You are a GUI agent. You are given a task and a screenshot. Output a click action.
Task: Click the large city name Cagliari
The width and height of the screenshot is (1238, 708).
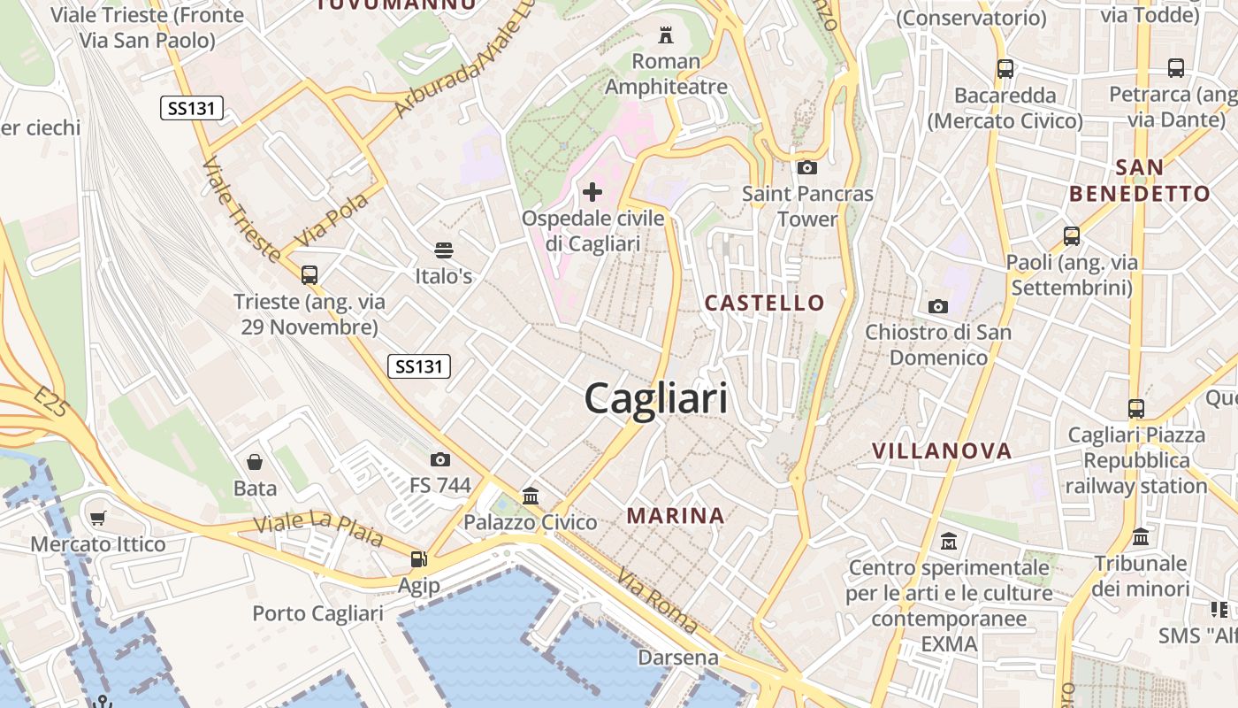click(656, 398)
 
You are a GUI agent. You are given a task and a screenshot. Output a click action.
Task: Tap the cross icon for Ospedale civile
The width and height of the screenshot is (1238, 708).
click(592, 191)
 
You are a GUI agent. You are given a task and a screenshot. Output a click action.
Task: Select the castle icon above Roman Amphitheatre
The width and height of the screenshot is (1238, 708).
click(666, 35)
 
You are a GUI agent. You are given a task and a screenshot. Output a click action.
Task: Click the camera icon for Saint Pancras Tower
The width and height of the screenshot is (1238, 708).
click(806, 167)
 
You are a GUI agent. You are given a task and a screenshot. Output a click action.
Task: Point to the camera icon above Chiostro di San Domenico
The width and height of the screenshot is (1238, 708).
click(938, 306)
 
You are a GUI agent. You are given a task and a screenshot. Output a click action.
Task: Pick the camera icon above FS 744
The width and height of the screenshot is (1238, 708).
click(439, 459)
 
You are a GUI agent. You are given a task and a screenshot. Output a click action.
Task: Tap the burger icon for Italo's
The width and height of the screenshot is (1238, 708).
click(443, 250)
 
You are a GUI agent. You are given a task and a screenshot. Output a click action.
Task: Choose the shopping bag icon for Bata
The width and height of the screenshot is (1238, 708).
click(255, 462)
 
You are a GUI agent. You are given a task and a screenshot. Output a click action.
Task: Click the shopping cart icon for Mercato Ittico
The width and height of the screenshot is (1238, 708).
click(98, 518)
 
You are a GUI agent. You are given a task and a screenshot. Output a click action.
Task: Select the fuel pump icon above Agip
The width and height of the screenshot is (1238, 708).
click(418, 559)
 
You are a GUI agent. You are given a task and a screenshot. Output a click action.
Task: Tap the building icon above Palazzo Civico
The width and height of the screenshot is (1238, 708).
click(531, 496)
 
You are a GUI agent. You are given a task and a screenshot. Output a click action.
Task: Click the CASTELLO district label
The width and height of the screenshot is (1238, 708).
click(764, 303)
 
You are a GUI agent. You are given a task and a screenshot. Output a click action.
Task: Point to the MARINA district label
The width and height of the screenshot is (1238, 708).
click(676, 515)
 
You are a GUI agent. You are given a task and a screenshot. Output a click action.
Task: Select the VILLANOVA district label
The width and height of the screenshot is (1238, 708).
click(942, 450)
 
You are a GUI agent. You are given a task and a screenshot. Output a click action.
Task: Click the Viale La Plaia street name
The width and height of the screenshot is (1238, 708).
click(318, 529)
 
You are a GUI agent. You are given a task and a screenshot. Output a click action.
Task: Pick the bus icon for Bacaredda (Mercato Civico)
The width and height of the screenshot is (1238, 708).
click(1005, 69)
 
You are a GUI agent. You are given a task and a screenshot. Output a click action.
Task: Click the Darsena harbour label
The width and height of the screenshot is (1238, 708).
click(678, 658)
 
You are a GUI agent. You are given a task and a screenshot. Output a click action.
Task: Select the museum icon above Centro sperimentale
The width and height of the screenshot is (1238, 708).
click(949, 541)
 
